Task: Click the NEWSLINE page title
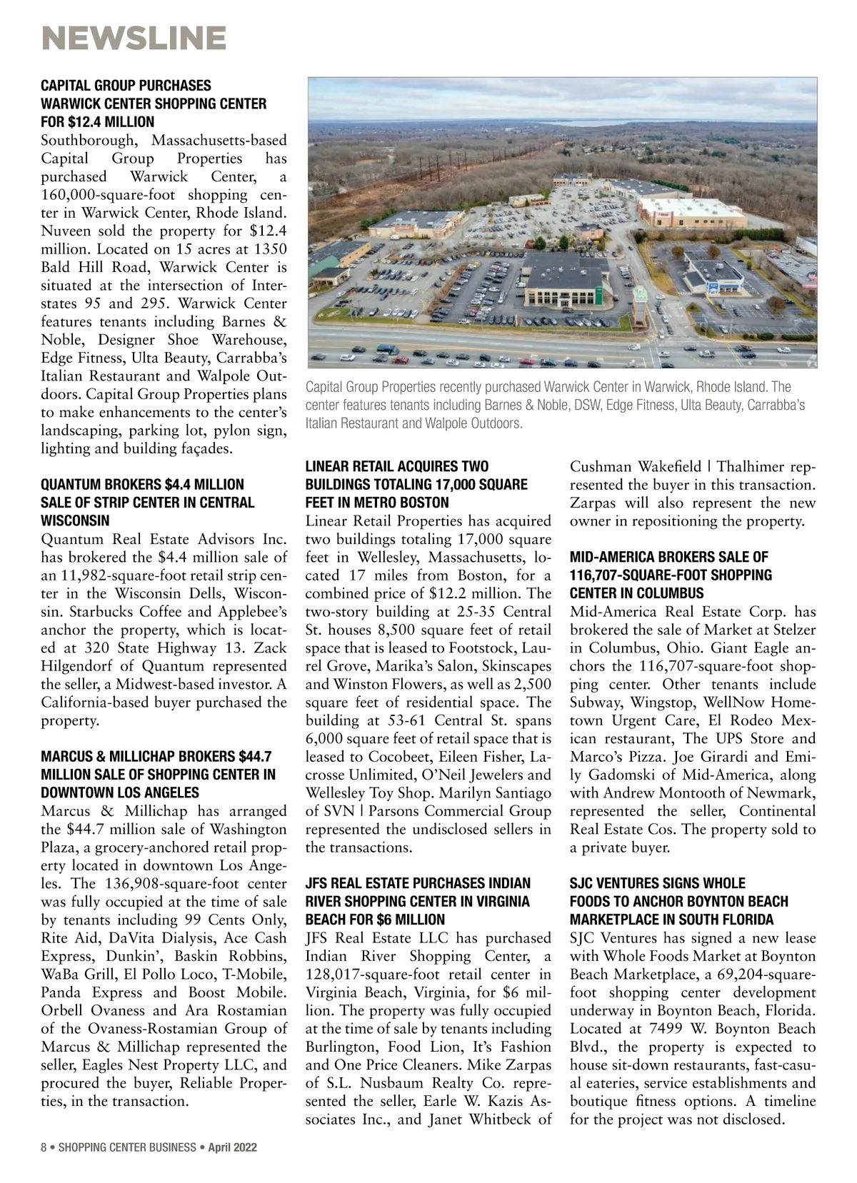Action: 134,37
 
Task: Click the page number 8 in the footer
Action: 44,1147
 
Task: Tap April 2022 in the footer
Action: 233,1147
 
